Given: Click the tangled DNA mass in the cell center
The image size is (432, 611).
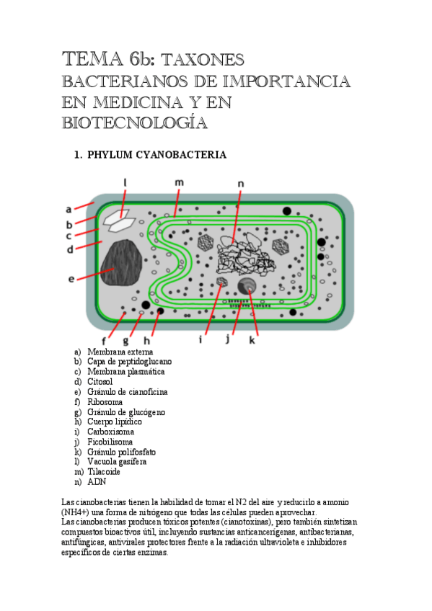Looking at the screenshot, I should pyautogui.click(x=242, y=254).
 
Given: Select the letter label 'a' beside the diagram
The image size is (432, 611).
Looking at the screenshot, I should pyautogui.click(x=69, y=210).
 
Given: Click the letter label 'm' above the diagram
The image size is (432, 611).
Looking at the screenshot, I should pyautogui.click(x=179, y=182).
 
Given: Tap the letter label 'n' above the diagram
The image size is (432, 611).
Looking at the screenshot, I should pyautogui.click(x=241, y=184).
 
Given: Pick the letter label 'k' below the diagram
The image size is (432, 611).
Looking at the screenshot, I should pyautogui.click(x=252, y=340).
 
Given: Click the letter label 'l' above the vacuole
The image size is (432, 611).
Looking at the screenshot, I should pyautogui.click(x=125, y=183).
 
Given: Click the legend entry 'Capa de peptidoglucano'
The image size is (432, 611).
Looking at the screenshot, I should pyautogui.click(x=129, y=362).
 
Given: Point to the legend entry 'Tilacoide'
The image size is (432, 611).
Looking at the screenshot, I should pyautogui.click(x=104, y=472).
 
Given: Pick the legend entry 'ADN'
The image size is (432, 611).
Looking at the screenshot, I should pyautogui.click(x=96, y=482).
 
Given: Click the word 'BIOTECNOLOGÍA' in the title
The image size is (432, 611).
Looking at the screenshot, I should pyautogui.click(x=135, y=123).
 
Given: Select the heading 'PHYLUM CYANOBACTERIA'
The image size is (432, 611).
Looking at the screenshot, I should pyautogui.click(x=157, y=155).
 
